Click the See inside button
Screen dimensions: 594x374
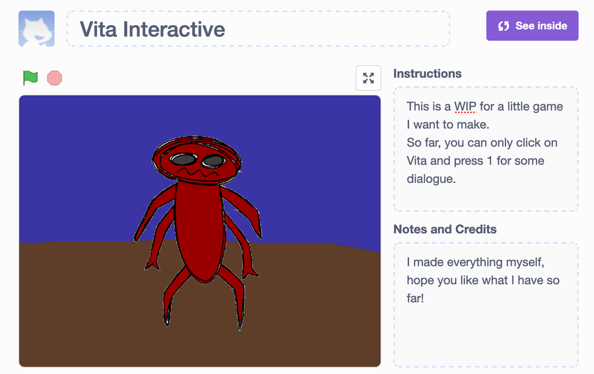[x=532, y=26]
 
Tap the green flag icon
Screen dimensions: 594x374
[x=30, y=78]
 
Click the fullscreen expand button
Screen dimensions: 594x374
[x=368, y=78]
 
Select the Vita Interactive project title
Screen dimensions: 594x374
[x=152, y=29]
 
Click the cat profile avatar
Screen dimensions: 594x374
[x=36, y=29]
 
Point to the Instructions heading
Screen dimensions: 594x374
[x=427, y=73]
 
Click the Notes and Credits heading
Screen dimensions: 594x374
[x=445, y=229]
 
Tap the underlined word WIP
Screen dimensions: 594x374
[x=465, y=106]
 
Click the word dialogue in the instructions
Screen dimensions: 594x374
[x=431, y=178]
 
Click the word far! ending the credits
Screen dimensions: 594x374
[x=415, y=298]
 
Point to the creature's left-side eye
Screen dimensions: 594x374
[x=183, y=159]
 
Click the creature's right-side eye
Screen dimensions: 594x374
[x=214, y=161]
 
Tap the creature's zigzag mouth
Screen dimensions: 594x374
[x=199, y=172]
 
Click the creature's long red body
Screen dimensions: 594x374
[x=200, y=231]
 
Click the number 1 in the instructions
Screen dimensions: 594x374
[x=490, y=161]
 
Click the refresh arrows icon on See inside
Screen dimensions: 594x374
[x=504, y=26]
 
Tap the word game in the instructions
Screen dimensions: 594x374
[x=548, y=107]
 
